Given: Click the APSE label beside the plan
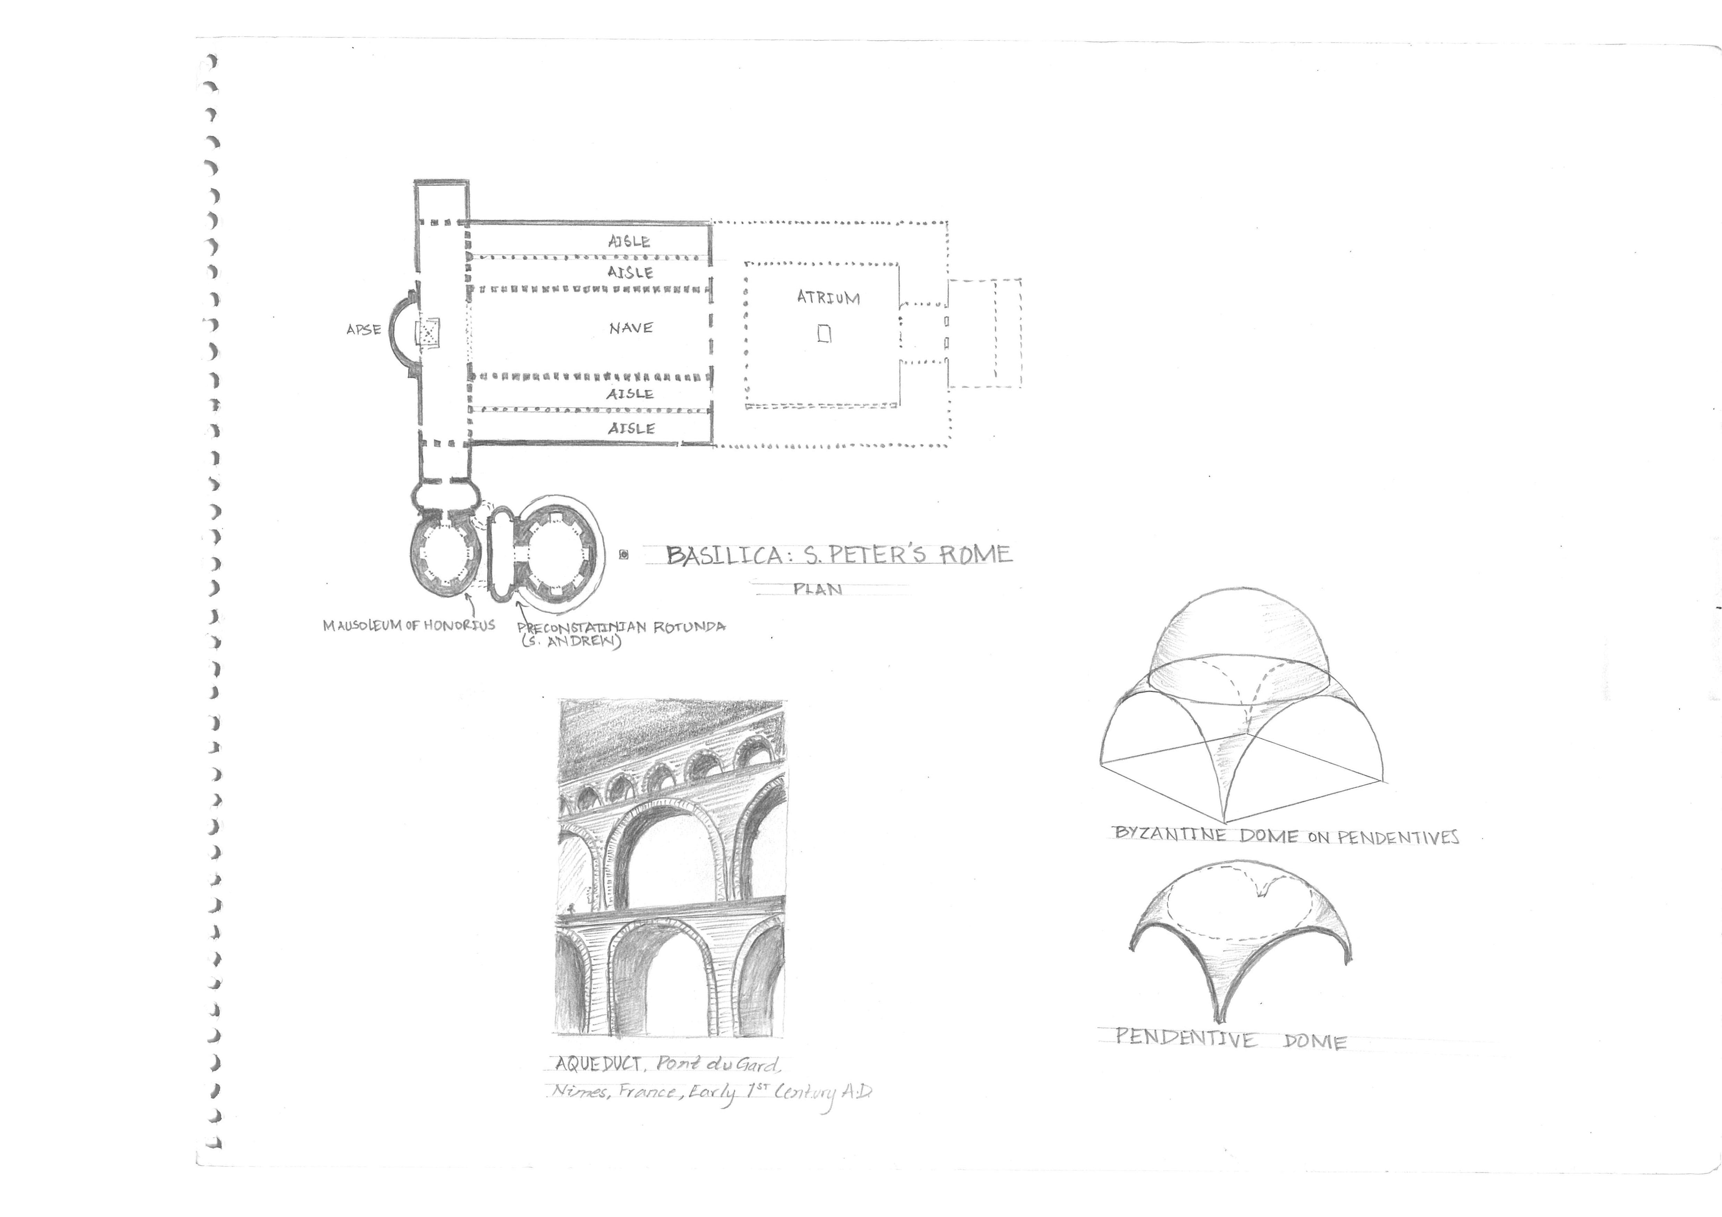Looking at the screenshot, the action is (364, 329).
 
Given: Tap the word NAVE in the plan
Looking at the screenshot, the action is (631, 328).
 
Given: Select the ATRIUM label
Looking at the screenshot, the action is (828, 298).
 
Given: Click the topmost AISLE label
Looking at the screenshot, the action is (629, 241).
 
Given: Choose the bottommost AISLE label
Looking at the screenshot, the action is (631, 428).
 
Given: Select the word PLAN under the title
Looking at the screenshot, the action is (818, 589).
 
